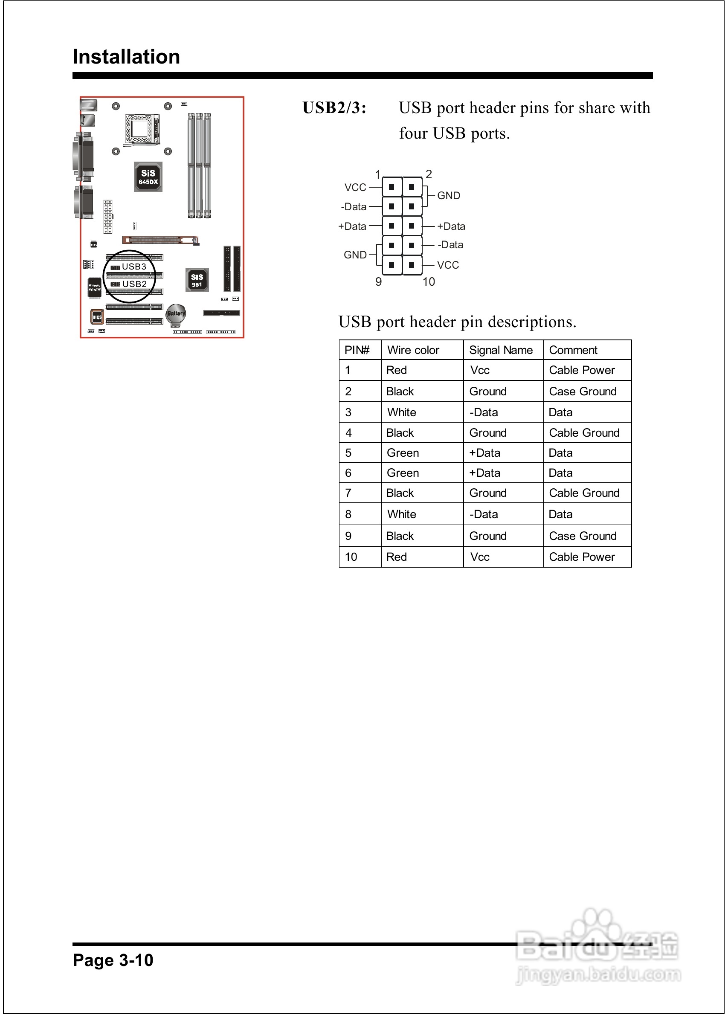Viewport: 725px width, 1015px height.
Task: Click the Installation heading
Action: click(126, 57)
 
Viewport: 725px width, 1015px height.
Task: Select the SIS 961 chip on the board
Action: click(197, 280)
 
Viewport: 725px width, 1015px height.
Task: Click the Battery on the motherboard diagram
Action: click(175, 313)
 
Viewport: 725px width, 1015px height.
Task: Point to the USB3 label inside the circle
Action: click(134, 267)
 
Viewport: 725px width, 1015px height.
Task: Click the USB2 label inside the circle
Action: click(134, 284)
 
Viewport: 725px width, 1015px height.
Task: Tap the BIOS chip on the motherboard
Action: click(97, 317)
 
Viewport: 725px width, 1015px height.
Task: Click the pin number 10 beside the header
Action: click(429, 281)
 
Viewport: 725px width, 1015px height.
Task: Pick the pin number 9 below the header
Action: click(379, 281)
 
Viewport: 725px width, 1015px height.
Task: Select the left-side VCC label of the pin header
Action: click(355, 188)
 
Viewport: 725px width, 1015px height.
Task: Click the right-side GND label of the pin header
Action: click(449, 195)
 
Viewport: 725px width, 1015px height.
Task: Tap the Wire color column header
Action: click(413, 350)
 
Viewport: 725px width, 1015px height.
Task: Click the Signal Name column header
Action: click(501, 350)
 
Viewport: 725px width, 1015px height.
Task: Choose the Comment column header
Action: click(573, 350)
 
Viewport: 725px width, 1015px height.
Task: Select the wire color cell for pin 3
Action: click(402, 412)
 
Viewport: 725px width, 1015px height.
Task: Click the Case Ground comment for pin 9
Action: click(583, 536)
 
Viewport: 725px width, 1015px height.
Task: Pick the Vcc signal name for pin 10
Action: click(480, 557)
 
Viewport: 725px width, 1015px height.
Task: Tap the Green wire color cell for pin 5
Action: click(403, 452)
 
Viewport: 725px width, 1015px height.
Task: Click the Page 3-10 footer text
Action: click(113, 960)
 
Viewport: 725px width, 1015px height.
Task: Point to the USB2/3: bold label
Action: click(334, 107)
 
